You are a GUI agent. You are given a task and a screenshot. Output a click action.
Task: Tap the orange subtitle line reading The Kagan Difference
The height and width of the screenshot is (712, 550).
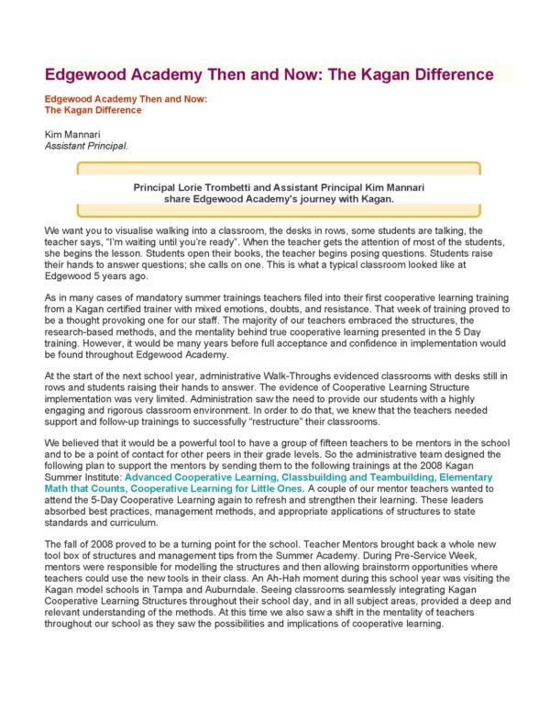pyautogui.click(x=93, y=110)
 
